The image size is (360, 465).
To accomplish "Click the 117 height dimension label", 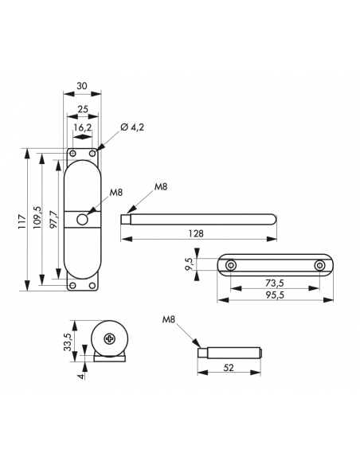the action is (22, 221).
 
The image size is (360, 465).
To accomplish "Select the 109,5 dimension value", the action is (37, 217).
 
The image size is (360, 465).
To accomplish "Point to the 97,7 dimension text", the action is (53, 218).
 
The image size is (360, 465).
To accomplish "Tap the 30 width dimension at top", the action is (82, 86).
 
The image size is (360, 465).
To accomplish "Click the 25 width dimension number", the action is (83, 109).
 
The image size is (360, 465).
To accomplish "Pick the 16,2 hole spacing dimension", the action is (83, 127).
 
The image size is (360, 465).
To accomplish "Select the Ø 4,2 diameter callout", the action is (132, 127).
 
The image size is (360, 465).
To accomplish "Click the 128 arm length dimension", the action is (196, 233).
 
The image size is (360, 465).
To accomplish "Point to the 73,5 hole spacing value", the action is (274, 283).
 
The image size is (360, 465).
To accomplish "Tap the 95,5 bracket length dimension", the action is (275, 295).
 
